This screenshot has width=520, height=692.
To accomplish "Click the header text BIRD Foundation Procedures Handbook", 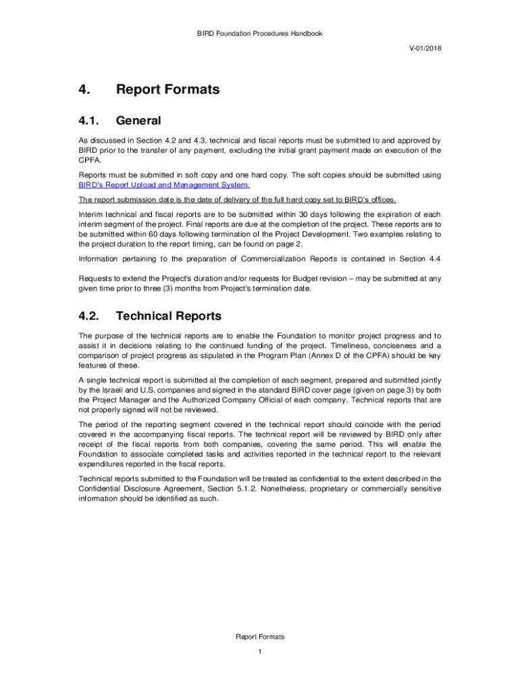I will click(x=260, y=33).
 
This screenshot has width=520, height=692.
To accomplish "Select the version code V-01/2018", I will click(x=425, y=49).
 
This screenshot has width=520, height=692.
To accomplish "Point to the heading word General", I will click(x=138, y=121).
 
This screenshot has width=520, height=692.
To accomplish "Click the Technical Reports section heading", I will click(x=168, y=316).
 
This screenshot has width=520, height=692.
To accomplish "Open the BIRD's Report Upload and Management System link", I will click(x=164, y=184).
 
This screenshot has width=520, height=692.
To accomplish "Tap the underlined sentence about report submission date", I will click(x=237, y=199).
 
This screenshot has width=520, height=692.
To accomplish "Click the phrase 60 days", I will click(x=154, y=234).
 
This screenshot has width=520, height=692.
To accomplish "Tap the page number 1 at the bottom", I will click(x=260, y=651).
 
